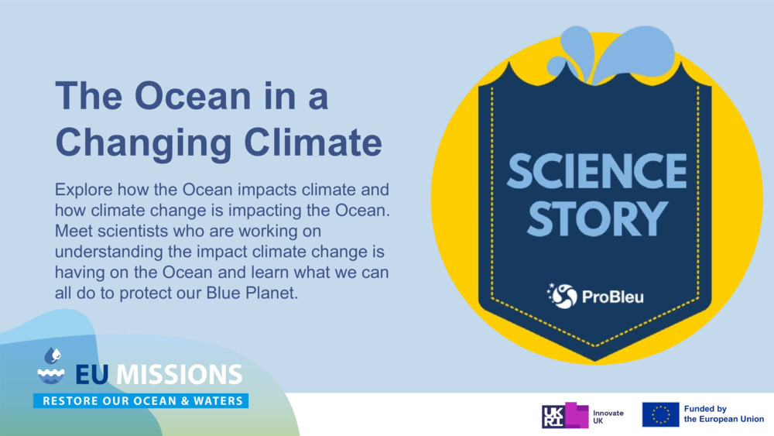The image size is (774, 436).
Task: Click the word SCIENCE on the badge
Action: [x=597, y=172]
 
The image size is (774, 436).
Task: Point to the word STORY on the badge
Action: [x=597, y=219]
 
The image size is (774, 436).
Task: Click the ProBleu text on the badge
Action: [x=612, y=296]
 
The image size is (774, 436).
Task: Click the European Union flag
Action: [x=660, y=415]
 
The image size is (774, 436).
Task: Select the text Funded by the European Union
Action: [x=724, y=414]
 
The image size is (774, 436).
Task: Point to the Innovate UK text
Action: [x=608, y=416]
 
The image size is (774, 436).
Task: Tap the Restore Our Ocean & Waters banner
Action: [x=141, y=401]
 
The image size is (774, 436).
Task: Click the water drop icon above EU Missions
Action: [x=52, y=355]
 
